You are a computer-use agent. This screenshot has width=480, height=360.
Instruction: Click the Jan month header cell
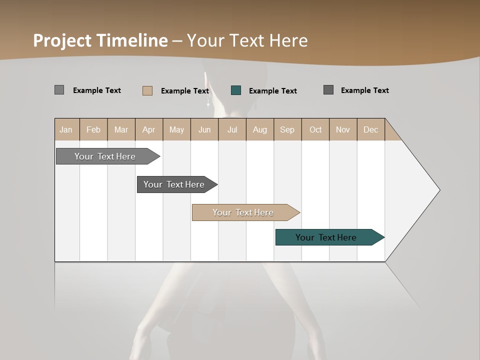point(66,129)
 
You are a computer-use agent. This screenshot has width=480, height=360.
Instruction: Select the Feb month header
point(93,129)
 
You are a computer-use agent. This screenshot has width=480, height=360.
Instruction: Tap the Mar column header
point(121,129)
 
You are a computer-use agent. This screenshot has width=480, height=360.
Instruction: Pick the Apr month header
point(149,129)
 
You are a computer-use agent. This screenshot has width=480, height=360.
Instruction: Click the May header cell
point(176,129)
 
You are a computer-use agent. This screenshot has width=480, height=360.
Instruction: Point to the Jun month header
point(204,129)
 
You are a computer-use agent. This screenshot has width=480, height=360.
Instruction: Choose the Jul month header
point(232,129)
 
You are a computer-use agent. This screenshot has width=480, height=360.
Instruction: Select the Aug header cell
point(260,129)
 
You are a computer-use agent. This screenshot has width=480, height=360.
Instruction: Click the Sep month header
point(287,129)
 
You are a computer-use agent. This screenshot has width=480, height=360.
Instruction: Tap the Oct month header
point(315,129)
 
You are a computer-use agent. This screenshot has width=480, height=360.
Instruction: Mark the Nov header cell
point(343,129)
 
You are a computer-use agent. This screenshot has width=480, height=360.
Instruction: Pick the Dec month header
point(371,129)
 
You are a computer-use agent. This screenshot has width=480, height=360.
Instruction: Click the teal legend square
point(236,90)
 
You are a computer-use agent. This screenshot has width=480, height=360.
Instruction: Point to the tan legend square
point(147,90)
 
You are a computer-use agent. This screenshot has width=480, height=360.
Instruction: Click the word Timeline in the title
point(132,40)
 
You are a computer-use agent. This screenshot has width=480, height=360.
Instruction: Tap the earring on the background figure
point(208,103)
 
